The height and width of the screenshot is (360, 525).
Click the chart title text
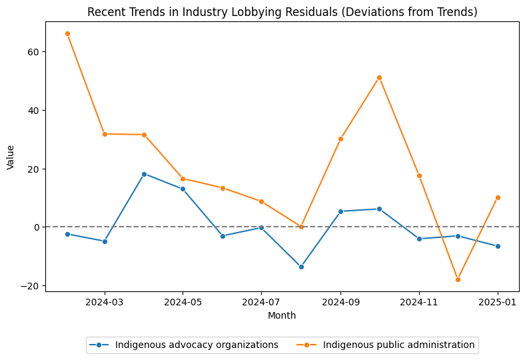click(282, 12)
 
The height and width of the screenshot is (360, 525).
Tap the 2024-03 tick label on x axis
click(105, 301)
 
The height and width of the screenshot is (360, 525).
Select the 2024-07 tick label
click(261, 301)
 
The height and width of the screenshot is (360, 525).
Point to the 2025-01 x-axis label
click(498, 301)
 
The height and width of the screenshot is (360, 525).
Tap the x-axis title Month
click(282, 315)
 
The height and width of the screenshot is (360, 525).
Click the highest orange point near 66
click(67, 33)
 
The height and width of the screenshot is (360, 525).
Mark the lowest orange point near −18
click(458, 279)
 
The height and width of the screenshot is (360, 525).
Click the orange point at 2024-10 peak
click(379, 77)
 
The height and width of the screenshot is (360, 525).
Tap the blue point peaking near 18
click(144, 174)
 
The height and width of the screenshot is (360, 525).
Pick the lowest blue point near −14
click(301, 267)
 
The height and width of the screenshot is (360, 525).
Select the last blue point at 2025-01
click(498, 246)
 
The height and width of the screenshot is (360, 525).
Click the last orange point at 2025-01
click(498, 197)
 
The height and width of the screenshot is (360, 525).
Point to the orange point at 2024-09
click(340, 139)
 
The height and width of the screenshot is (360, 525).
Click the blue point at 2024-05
click(183, 189)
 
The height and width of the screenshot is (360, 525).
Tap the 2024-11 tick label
click(419, 301)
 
